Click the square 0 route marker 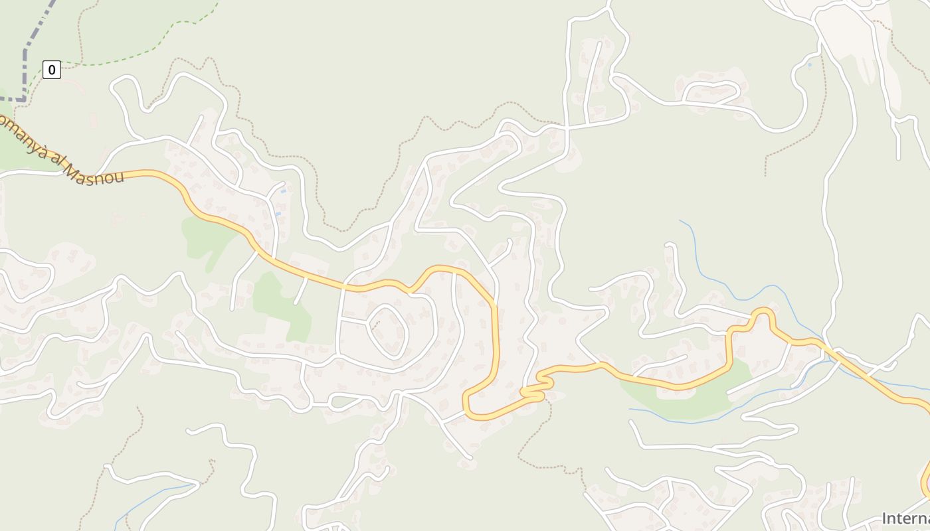click(x=52, y=69)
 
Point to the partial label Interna click(x=905, y=518)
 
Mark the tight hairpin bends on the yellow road click(x=539, y=389)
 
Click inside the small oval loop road click(x=388, y=330)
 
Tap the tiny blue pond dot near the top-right click(x=809, y=65)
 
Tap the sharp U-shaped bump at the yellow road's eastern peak click(x=763, y=313)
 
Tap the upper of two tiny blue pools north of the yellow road click(x=284, y=191)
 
